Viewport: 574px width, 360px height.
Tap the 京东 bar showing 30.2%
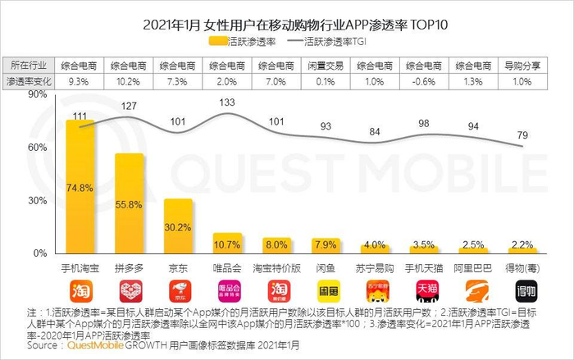(178, 226)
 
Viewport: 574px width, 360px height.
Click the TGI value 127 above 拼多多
(130, 106)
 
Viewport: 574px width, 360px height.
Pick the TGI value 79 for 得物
(522, 134)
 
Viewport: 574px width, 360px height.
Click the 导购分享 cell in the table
(521, 65)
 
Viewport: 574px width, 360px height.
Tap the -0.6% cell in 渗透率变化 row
(423, 81)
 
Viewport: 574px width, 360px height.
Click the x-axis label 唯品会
(227, 267)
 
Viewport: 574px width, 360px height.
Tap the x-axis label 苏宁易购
(374, 267)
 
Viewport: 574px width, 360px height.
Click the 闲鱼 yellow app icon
(326, 289)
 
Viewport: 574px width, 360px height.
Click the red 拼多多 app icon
(130, 289)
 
